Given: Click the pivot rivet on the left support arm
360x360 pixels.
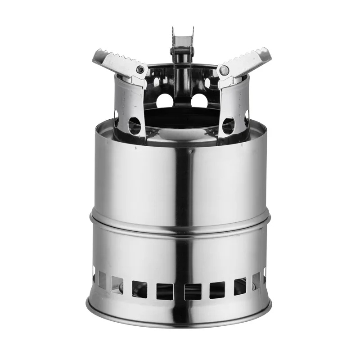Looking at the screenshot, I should (x=141, y=70).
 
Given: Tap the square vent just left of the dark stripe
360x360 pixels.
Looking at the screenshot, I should (x=164, y=291).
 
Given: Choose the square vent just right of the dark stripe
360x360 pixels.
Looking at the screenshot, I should (x=192, y=291).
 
